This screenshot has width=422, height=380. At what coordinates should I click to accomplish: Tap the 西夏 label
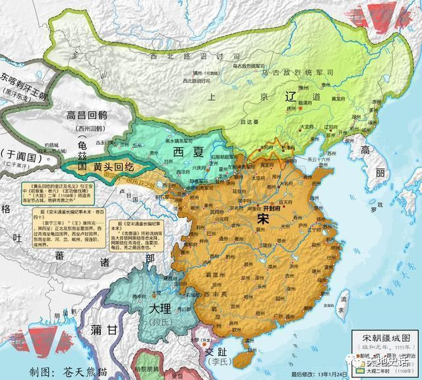tap(188, 153)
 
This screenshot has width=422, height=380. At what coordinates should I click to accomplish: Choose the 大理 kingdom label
tap(160, 308)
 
